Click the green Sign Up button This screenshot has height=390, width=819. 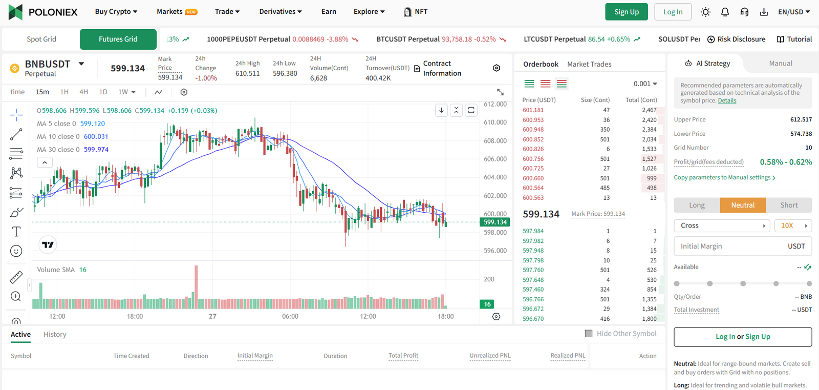tap(626, 12)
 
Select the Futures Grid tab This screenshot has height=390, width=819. tap(118, 39)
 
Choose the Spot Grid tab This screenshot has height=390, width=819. tap(41, 39)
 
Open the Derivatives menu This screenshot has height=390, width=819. tap(280, 11)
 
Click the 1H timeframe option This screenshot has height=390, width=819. tap(64, 92)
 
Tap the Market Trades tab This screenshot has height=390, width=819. tap(589, 64)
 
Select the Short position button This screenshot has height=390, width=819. tap(788, 205)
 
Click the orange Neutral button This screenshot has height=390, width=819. tap(742, 205)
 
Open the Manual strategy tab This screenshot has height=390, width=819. tap(780, 64)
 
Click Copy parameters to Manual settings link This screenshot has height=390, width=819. tap(724, 177)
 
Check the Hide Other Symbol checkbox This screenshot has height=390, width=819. tap(589, 334)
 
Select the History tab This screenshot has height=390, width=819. tap(55, 334)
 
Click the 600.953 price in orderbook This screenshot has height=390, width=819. tap(533, 120)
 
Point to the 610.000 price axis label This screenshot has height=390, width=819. tap(495, 122)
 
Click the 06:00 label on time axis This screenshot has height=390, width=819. tap(290, 316)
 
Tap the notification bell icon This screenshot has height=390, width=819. tap(725, 12)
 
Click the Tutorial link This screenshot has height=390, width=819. tap(794, 39)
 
